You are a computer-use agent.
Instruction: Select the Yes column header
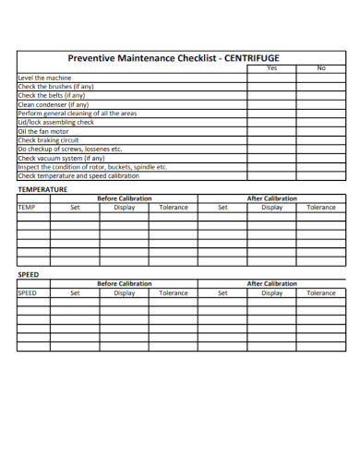271,68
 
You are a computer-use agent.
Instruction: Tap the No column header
321,68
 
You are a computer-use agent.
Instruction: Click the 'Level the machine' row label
44,78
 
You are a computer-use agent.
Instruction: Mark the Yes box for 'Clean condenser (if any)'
271,104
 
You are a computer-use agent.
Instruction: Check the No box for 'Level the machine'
321,78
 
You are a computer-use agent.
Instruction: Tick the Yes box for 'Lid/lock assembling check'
271,122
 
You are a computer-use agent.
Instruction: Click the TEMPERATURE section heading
42,189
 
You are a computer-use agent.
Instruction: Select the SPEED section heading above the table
29,275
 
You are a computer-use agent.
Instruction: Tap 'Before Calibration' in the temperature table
125,198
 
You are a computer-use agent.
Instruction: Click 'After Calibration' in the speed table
272,284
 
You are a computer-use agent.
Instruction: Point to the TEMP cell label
26,208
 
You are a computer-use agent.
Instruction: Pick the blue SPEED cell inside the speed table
28,293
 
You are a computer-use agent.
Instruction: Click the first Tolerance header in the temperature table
174,208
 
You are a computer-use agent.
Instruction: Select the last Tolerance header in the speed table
321,293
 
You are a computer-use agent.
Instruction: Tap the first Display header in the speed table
125,293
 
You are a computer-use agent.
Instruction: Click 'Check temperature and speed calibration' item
78,175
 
